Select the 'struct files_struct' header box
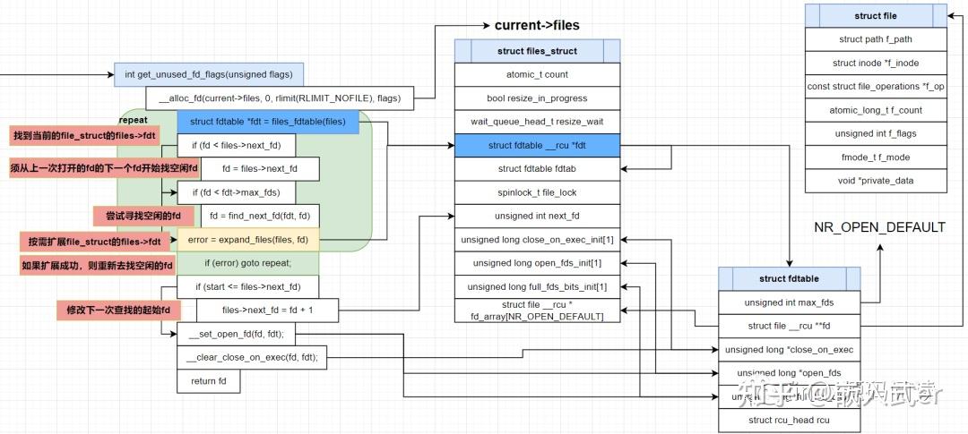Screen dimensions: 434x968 (x=536, y=51)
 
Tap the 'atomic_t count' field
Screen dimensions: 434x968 (x=536, y=74)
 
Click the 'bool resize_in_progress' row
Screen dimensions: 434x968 (x=536, y=98)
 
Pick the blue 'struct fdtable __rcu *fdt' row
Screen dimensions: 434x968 (x=536, y=145)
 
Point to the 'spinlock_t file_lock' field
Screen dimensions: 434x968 (x=536, y=191)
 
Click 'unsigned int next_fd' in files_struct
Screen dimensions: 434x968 (x=536, y=216)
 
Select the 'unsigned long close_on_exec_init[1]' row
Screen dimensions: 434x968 (x=536, y=240)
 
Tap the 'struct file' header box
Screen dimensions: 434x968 (x=876, y=16)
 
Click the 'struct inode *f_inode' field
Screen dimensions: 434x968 (x=876, y=63)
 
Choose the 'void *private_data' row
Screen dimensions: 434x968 (x=876, y=180)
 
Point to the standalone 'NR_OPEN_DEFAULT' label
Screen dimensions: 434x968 (x=879, y=227)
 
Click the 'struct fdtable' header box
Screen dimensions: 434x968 (x=789, y=278)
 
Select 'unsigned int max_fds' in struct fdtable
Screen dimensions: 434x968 (x=789, y=302)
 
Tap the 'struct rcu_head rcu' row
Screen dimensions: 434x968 (x=789, y=420)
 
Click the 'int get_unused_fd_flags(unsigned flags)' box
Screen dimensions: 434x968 (x=209, y=73)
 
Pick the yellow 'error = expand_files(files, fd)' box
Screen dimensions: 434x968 (x=248, y=239)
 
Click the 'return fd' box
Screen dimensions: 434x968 (x=209, y=380)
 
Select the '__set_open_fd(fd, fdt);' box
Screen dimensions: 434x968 (x=236, y=334)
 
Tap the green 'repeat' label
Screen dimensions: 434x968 (x=133, y=119)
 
